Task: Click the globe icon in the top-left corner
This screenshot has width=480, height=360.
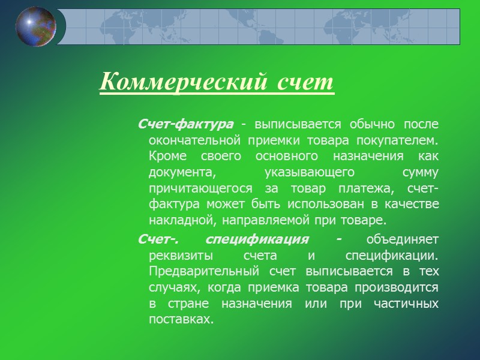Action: [x=35, y=26]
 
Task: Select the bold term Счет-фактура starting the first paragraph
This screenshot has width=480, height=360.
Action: [x=185, y=124]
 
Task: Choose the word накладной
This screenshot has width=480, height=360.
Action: [x=179, y=220]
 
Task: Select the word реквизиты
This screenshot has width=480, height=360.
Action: [x=178, y=256]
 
